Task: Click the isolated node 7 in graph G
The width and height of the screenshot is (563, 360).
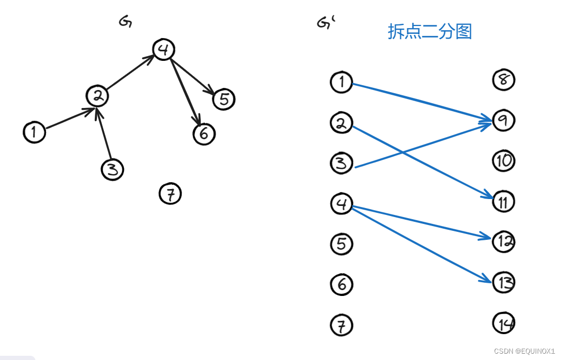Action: click(170, 194)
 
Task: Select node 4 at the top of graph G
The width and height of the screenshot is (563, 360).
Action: click(164, 49)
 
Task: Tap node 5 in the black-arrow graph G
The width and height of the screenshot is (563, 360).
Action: click(224, 99)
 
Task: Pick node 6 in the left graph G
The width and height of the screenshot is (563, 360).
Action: click(204, 133)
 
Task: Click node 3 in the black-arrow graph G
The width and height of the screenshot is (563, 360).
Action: click(112, 169)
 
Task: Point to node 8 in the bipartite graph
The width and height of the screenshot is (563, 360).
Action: click(504, 80)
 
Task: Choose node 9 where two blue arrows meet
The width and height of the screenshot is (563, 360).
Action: click(504, 121)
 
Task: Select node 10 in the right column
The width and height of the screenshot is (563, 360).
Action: click(504, 161)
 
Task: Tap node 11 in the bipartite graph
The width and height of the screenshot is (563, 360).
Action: click(504, 202)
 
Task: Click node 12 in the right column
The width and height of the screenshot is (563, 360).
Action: click(504, 241)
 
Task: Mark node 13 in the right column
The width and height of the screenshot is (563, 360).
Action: click(504, 282)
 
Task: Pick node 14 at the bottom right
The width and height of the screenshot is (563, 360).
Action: click(504, 323)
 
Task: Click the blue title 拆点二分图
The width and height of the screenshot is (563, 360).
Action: click(430, 32)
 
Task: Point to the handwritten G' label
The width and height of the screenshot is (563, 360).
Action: click(325, 23)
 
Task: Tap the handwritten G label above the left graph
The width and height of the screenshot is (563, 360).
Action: click(126, 21)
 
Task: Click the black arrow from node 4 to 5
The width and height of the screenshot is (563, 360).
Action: click(192, 74)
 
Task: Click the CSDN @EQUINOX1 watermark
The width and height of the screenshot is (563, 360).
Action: click(524, 351)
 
